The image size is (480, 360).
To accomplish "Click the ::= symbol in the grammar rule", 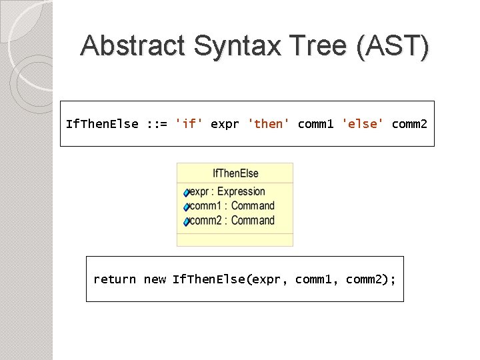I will pyautogui.click(x=156, y=124).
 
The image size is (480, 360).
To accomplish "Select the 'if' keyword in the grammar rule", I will pyautogui.click(x=189, y=124).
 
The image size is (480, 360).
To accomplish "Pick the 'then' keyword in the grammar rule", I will pyautogui.click(x=269, y=124).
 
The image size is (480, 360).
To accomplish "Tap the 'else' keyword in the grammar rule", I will pyautogui.click(x=363, y=124).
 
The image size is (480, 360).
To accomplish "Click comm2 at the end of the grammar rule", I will pyautogui.click(x=409, y=124).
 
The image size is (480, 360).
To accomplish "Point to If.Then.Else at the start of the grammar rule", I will pyautogui.click(x=102, y=124).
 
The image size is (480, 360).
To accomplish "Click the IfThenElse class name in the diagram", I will pyautogui.click(x=235, y=173).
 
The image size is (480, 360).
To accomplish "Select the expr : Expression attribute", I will pyautogui.click(x=227, y=192).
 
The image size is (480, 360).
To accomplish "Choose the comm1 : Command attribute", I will pyautogui.click(x=232, y=206).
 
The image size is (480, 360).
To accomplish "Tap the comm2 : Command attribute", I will pyautogui.click(x=232, y=221).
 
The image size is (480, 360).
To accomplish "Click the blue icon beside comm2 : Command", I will pyautogui.click(x=187, y=221).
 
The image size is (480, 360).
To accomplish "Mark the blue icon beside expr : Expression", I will pyautogui.click(x=187, y=193).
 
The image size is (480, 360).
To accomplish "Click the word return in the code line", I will pyautogui.click(x=115, y=279).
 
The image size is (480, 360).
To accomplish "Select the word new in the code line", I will pyautogui.click(x=155, y=279).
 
